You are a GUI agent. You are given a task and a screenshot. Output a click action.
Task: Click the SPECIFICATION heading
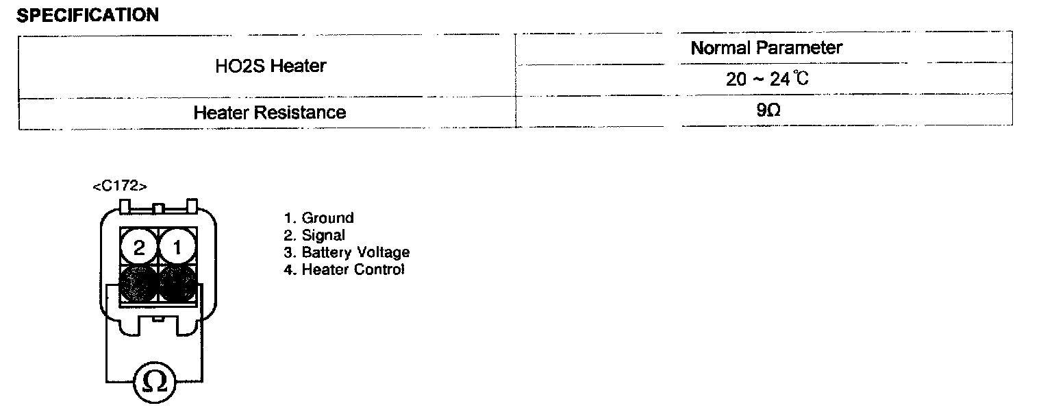pyautogui.click(x=87, y=15)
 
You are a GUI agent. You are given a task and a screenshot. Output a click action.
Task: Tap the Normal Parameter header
pyautogui.click(x=766, y=48)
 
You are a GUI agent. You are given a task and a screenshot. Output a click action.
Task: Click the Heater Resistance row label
pyautogui.click(x=269, y=112)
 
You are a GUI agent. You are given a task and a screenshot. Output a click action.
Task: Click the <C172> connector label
pyautogui.click(x=119, y=186)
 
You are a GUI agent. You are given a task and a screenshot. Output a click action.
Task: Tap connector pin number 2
pyautogui.click(x=140, y=248)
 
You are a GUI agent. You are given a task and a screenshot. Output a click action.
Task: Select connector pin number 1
pyautogui.click(x=177, y=248)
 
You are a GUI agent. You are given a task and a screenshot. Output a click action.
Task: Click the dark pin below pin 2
pyautogui.click(x=139, y=284)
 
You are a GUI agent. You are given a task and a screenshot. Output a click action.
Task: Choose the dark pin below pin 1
pyautogui.click(x=177, y=284)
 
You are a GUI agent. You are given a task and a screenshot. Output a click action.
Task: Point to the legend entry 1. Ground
pyautogui.click(x=318, y=218)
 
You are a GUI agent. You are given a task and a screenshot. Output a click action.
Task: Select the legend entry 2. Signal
pyautogui.click(x=314, y=235)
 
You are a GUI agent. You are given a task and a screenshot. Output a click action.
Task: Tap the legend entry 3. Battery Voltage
pyautogui.click(x=347, y=252)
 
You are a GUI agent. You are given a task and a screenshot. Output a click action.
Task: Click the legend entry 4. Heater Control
pyautogui.click(x=344, y=269)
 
